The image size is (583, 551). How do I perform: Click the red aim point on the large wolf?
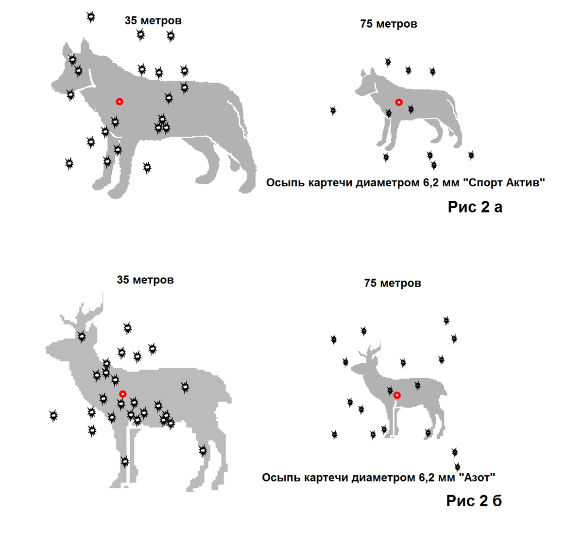pos(120,101)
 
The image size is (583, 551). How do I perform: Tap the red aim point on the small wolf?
pos(399,102)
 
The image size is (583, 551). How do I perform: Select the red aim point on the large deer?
pos(123,393)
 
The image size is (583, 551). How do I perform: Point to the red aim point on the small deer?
pos(397,395)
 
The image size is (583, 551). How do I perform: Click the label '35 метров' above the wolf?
pos(153,20)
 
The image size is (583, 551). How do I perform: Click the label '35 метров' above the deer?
pos(145,280)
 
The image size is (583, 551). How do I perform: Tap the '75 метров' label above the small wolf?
pos(389,24)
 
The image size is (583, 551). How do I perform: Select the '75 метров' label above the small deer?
pos(393,283)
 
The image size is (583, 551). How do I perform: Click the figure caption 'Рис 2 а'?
pos(475,207)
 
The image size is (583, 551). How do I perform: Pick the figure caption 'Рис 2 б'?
pos(474,500)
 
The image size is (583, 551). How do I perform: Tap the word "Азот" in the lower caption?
pos(476,478)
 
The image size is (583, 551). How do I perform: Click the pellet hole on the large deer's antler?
pos(82,336)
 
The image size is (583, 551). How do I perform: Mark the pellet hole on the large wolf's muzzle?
pos(70,94)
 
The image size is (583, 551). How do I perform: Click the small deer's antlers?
pos(372,353)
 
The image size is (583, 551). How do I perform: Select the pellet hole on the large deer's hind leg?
pos(203,450)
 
